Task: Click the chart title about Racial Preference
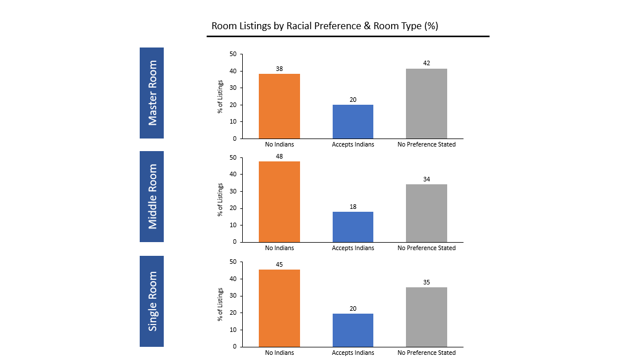pyautogui.click(x=325, y=26)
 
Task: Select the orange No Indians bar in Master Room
pyautogui.click(x=279, y=106)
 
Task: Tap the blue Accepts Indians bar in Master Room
pyautogui.click(x=353, y=121)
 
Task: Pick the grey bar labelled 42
pyautogui.click(x=427, y=104)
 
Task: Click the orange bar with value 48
pyautogui.click(x=279, y=201)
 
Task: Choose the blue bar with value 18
pyautogui.click(x=353, y=227)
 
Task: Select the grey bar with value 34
pyautogui.click(x=427, y=213)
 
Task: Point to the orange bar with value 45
pyautogui.click(x=279, y=308)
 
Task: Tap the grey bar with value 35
pyautogui.click(x=427, y=317)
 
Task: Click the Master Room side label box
pyautogui.click(x=152, y=93)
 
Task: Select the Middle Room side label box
pyautogui.click(x=152, y=196)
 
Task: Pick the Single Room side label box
pyautogui.click(x=152, y=301)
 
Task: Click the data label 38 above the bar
pyautogui.click(x=279, y=69)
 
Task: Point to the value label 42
pyautogui.click(x=427, y=63)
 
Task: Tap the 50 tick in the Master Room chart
pyautogui.click(x=233, y=54)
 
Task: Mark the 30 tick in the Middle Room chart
pyautogui.click(x=233, y=191)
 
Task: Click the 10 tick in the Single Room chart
pyautogui.click(x=233, y=330)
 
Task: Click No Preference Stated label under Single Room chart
pyautogui.click(x=427, y=353)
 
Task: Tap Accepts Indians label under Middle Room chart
pyautogui.click(x=353, y=248)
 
